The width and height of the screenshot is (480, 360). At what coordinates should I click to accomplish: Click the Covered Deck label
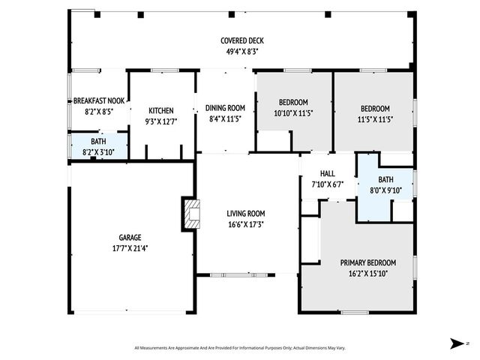241,40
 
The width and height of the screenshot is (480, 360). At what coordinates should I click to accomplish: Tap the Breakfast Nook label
98,100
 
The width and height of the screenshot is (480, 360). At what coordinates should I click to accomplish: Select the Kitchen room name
161,110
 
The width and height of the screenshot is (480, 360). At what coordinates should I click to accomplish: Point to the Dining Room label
225,108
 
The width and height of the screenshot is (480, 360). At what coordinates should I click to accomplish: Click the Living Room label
246,214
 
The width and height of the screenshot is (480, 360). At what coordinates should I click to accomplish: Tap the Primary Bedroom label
367,262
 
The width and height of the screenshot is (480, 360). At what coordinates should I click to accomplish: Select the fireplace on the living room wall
190,214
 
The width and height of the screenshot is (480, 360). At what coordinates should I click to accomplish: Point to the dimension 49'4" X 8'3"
241,51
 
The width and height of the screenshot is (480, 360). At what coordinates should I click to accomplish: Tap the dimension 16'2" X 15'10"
367,273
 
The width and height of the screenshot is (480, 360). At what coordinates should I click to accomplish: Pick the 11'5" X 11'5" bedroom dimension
374,118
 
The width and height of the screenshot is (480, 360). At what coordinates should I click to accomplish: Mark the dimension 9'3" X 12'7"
161,121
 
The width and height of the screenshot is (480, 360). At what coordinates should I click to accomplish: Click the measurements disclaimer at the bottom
240,348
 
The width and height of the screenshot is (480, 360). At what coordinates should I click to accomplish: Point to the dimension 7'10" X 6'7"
327,184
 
